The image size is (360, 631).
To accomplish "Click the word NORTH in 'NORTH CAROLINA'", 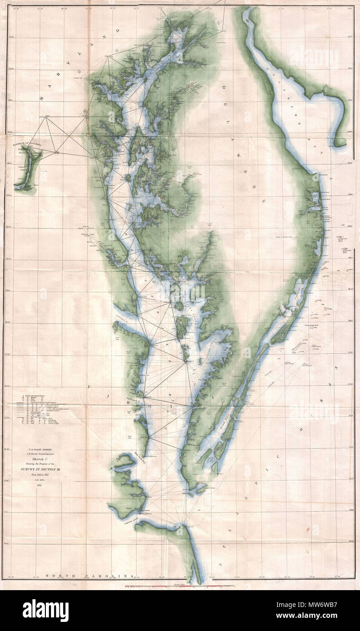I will (x=60, y=575).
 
